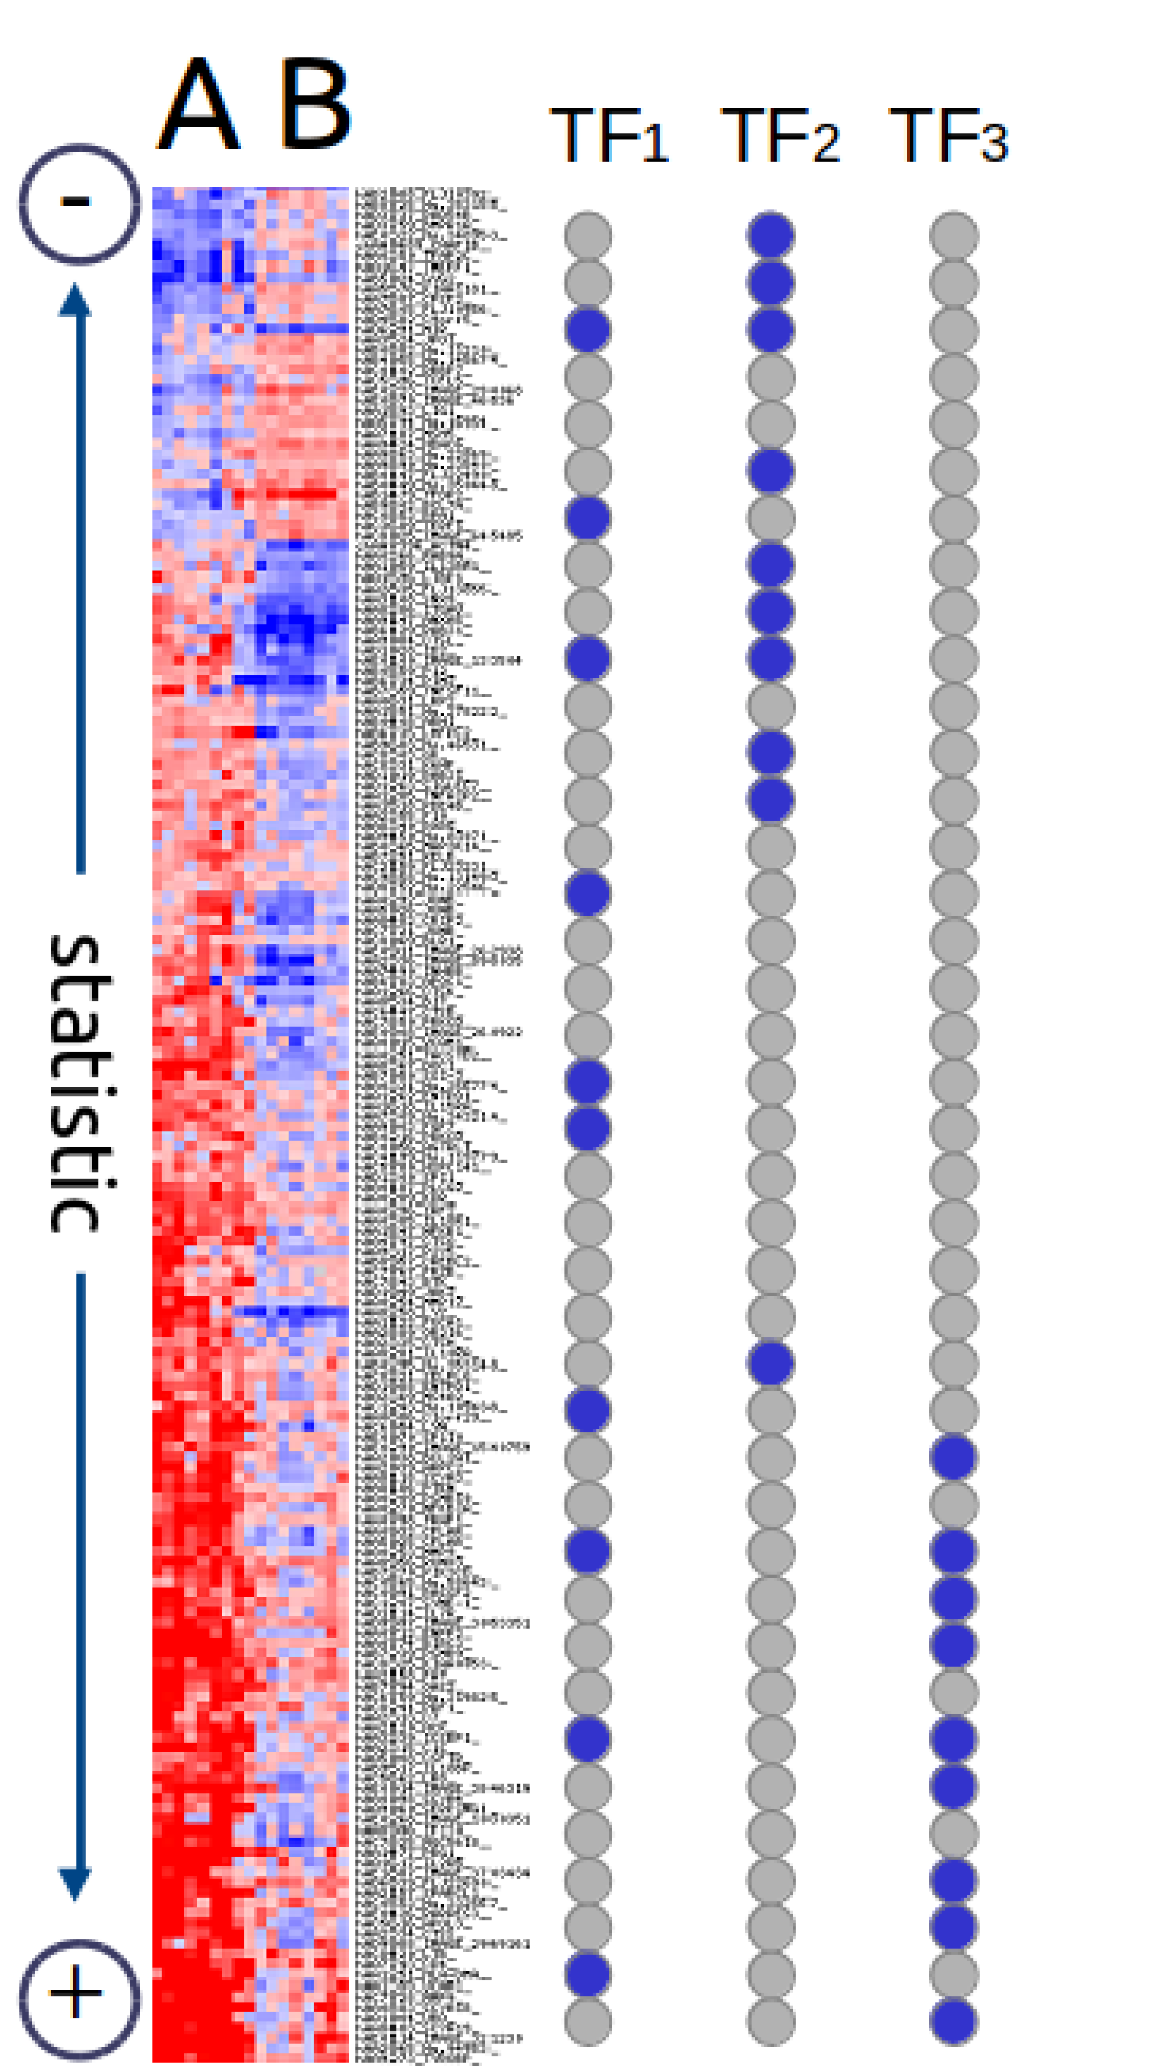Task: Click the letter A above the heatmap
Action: (x=198, y=105)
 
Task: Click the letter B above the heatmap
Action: (x=315, y=105)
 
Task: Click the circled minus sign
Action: (x=78, y=203)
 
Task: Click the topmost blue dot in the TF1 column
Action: (x=588, y=330)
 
